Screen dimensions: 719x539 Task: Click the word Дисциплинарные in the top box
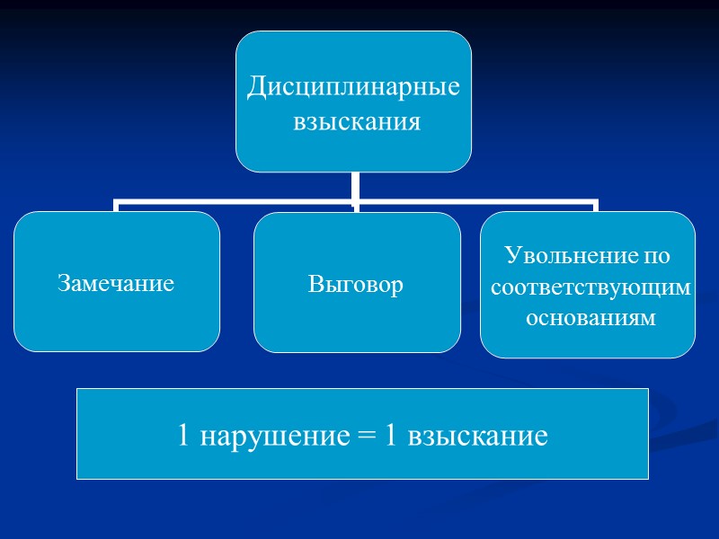pos(353,88)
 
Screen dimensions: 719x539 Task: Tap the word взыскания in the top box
pos(357,121)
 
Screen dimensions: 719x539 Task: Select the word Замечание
pos(116,284)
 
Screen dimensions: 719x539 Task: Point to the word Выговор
pos(356,285)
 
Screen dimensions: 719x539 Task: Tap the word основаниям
pos(588,318)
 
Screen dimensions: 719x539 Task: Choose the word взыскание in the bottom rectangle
pos(477,437)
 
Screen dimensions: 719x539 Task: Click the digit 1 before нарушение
pos(183,437)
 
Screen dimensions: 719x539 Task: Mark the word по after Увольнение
pos(658,256)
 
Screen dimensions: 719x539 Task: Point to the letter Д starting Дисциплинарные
pos(256,88)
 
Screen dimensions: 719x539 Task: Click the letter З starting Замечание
pos(63,284)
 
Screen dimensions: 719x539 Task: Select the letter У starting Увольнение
pos(512,256)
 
